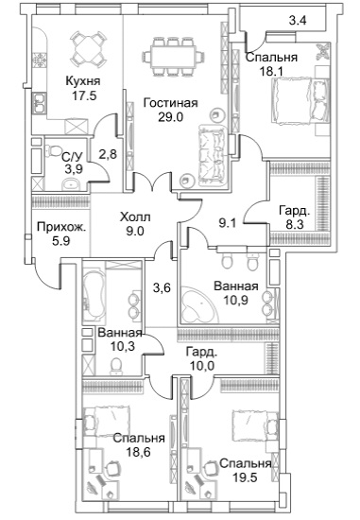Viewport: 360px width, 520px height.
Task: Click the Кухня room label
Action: pos(83,80)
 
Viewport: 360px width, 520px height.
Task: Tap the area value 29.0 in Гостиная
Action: pos(171,117)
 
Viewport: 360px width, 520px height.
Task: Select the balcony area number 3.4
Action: pos(298,21)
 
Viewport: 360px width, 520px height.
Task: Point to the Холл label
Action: pos(135,217)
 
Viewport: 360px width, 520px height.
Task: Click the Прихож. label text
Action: pos(61,228)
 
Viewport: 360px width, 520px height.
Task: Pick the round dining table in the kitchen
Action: pos(88,49)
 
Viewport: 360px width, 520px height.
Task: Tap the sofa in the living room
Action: pos(213,155)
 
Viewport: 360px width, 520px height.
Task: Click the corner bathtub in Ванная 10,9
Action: pos(197,305)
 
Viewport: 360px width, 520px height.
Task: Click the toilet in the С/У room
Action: pos(51,151)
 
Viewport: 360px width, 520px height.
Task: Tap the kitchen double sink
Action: pos(40,103)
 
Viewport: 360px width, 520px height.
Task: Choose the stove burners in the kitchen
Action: pos(39,61)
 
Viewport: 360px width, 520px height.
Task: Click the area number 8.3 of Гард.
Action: pos(294,224)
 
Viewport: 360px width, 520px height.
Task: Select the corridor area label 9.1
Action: pos(227,223)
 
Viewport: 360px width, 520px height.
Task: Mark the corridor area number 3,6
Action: pos(162,287)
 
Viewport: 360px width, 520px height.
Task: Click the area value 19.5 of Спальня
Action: pos(245,477)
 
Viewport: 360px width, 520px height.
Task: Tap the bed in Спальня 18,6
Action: pos(107,422)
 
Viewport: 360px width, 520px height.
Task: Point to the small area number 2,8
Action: pos(109,154)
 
